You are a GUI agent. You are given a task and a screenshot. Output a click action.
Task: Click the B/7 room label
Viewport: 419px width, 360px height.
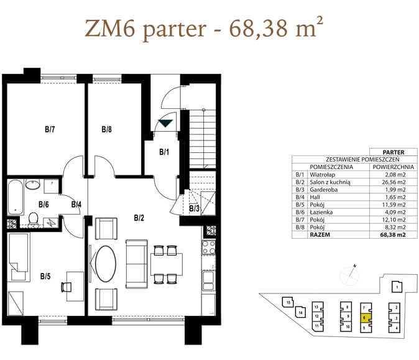pos(50,129)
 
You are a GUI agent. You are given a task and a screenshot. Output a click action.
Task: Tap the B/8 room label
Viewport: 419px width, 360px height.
pos(107,129)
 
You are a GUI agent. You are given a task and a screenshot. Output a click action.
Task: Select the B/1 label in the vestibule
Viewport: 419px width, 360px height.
pos(164,152)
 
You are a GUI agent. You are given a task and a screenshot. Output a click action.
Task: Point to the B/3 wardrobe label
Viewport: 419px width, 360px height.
pos(194,208)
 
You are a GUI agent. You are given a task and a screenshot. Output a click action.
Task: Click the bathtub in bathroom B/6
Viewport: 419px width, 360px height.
pos(16,197)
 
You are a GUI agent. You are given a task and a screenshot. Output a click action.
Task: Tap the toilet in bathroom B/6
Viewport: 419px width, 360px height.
pos(33,218)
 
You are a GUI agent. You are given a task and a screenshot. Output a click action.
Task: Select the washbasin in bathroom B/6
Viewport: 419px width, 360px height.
pos(33,185)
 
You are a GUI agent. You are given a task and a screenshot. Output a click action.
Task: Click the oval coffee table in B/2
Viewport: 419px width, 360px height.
pos(106,264)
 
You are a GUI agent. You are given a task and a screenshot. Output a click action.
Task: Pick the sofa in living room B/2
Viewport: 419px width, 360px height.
pos(137,264)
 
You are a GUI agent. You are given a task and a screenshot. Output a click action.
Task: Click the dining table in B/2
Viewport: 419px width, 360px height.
pos(167,264)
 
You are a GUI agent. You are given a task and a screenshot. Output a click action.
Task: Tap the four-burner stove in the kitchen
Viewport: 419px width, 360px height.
pos(209,247)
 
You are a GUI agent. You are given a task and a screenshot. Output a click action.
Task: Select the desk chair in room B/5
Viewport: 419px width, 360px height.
pos(67,287)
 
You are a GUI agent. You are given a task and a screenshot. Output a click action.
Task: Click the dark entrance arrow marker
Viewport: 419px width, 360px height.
pos(166,123)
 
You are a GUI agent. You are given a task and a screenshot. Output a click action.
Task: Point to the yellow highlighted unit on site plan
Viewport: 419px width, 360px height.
pos(366,318)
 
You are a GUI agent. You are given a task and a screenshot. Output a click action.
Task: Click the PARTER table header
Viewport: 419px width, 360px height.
pos(394,152)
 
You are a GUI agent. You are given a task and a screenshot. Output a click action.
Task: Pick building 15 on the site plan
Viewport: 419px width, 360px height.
pos(287,302)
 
